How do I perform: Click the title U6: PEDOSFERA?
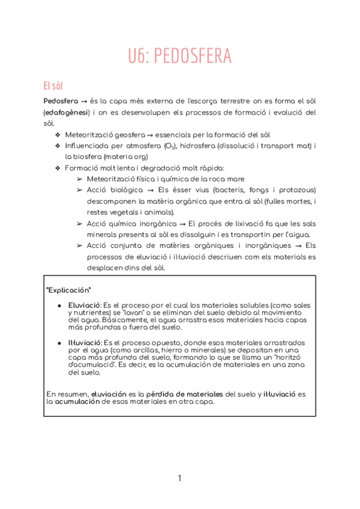pyautogui.click(x=179, y=56)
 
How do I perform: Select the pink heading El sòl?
pyautogui.click(x=53, y=85)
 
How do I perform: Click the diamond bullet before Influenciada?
pyautogui.click(x=58, y=146)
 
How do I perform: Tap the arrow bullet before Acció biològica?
pyautogui.click(x=80, y=190)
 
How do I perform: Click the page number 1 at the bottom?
pyautogui.click(x=179, y=478)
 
